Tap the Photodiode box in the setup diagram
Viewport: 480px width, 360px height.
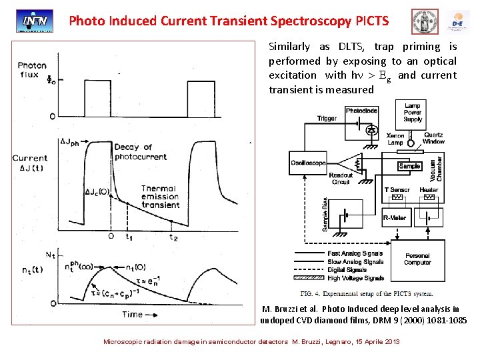click(362, 110)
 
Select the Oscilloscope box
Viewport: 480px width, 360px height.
click(308, 162)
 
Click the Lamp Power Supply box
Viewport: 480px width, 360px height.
click(413, 113)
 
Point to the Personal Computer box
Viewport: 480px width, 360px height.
click(417, 259)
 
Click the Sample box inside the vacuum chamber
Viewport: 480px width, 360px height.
click(409, 165)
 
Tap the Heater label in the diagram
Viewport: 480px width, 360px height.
click(429, 190)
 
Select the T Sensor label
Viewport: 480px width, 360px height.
click(397, 190)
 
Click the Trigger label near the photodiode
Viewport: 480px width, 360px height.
click(327, 119)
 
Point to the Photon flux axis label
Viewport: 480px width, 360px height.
click(32, 69)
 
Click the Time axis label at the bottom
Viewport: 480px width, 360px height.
click(132, 314)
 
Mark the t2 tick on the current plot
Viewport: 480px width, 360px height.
click(173, 237)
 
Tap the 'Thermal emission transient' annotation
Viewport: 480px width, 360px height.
click(160, 197)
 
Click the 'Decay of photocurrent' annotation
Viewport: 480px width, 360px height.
click(133, 151)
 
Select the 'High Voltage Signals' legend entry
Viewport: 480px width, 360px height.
click(355, 278)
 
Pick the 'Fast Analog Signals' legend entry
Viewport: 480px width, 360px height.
click(354, 253)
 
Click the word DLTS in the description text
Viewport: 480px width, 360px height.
click(350, 47)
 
